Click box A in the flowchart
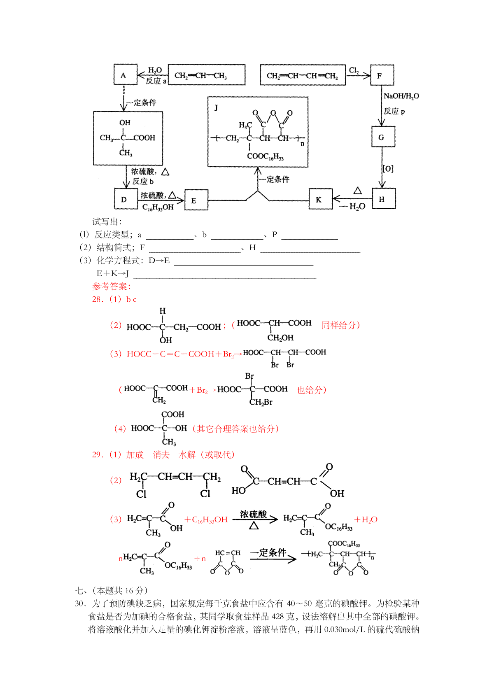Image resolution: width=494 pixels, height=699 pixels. [126, 75]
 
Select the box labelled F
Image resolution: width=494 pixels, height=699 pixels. [382, 75]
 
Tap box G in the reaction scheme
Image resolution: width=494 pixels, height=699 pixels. [383, 137]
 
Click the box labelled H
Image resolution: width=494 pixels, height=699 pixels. [384, 198]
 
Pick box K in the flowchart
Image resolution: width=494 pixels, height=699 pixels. [321, 199]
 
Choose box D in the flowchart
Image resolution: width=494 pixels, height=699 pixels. [126, 199]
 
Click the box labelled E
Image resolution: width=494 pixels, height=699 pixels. [196, 200]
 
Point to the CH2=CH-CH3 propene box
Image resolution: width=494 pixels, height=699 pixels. [207, 75]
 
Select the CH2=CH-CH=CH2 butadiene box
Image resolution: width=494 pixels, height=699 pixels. [303, 75]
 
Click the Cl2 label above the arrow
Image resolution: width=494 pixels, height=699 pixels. [354, 70]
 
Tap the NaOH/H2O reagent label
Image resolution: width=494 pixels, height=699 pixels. [401, 96]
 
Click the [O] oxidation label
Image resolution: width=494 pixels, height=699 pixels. [388, 168]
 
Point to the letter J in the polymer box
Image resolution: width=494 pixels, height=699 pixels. [216, 108]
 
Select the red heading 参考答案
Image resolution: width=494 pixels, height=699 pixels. [112, 286]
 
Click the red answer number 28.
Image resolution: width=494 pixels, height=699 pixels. [98, 299]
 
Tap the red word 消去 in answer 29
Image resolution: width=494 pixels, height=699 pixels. [161, 454]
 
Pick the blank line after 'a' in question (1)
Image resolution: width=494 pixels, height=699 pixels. [170, 239]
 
